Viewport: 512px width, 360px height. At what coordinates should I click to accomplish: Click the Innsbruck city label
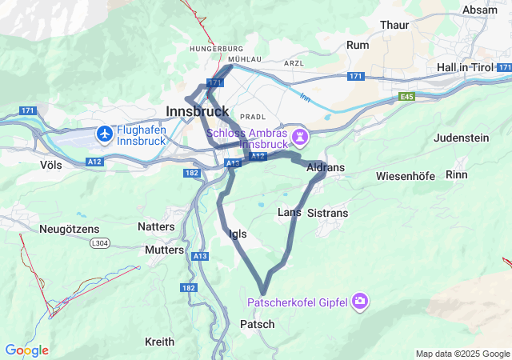[x=197, y=110]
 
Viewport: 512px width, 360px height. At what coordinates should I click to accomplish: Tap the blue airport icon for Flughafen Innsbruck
[x=105, y=134]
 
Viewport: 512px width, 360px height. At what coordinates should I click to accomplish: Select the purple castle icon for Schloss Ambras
[x=300, y=138]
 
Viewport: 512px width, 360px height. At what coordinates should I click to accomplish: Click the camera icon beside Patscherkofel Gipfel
[x=360, y=302]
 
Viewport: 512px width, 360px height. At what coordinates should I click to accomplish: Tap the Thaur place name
[x=394, y=25]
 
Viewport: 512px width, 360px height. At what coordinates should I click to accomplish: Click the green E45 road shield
[x=408, y=96]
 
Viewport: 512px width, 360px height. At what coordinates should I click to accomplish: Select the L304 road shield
[x=99, y=242]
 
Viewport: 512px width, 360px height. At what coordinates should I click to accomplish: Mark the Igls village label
[x=238, y=234]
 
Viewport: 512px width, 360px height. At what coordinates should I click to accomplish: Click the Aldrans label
[x=325, y=167]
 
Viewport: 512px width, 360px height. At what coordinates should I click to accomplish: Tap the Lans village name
[x=289, y=212]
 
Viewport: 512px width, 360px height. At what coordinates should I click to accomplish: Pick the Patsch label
[x=257, y=324]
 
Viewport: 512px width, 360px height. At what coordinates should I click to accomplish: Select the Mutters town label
[x=164, y=250]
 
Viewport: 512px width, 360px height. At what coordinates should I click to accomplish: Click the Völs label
[x=50, y=164]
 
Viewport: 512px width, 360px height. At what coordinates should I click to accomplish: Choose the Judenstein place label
[x=461, y=138]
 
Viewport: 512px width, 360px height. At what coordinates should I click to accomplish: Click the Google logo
[x=26, y=350]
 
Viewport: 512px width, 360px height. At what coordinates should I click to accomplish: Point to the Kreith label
[x=159, y=342]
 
